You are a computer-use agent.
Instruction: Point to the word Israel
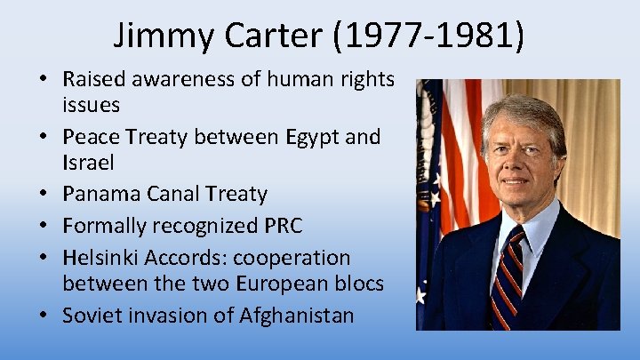point(87,164)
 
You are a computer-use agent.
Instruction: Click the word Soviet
point(90,315)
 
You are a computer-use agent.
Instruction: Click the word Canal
point(164,194)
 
